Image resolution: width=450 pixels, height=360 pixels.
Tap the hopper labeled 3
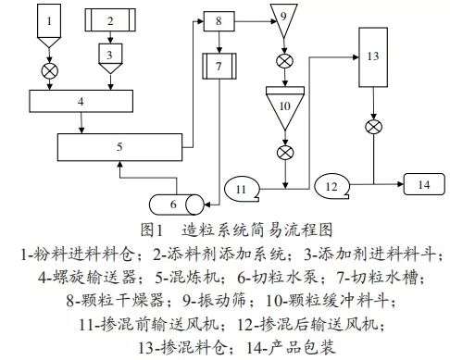(x=110, y=56)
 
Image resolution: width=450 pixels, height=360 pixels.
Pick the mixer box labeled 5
(x=120, y=145)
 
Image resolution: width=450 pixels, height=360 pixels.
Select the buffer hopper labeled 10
(x=285, y=106)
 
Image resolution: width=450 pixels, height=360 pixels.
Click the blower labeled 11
(x=244, y=189)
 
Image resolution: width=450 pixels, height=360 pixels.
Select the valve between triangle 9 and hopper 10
(x=284, y=63)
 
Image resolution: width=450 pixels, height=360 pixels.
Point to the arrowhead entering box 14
(x=400, y=184)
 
